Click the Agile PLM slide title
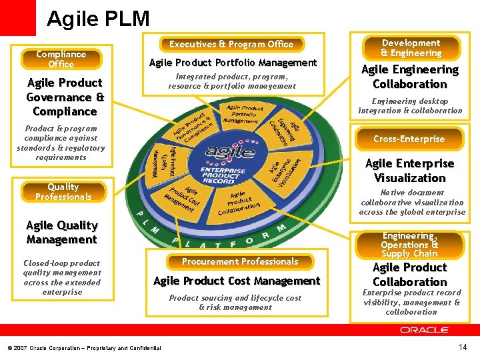coord(98,18)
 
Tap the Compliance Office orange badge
coord(61,59)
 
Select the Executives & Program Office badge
coord(231,44)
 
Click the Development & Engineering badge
coord(411,48)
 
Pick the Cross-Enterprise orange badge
coord(409,139)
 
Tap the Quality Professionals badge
coord(63,192)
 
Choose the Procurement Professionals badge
coord(240,261)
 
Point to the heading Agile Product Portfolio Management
coord(233,63)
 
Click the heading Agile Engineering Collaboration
coord(410,77)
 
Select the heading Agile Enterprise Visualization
coord(410,171)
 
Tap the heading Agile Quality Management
coord(62,232)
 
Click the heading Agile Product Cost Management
coord(237,281)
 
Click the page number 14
coord(463,347)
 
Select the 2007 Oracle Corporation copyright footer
coord(84,348)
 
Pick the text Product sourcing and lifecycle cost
coord(235,298)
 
